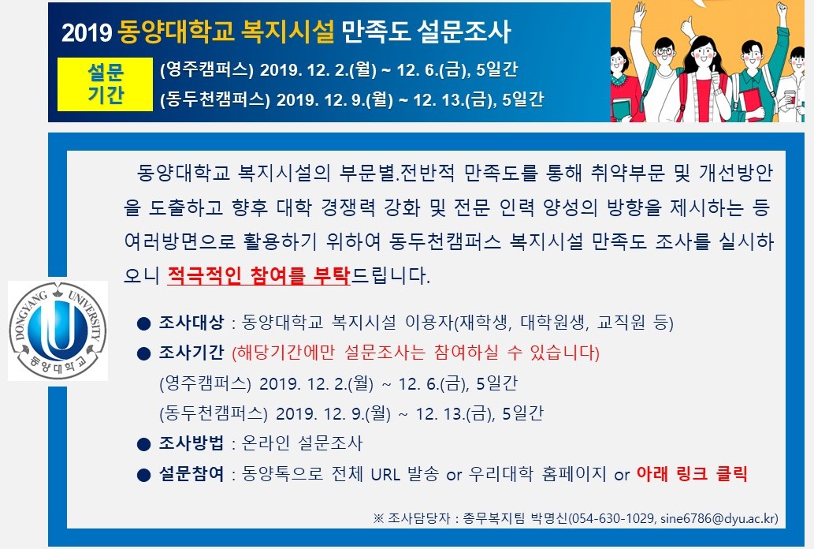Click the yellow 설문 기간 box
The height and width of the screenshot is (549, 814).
(105, 84)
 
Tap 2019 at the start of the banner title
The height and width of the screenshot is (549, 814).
(86, 33)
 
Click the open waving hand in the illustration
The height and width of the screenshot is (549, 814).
(639, 11)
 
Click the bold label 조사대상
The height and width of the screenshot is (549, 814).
(191, 323)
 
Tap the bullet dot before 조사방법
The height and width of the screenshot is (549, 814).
(143, 445)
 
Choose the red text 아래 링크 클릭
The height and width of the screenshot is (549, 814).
(692, 473)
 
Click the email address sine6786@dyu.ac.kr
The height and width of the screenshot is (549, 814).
(718, 518)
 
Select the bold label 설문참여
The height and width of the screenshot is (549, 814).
(191, 474)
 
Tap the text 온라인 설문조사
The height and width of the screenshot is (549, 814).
(302, 443)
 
